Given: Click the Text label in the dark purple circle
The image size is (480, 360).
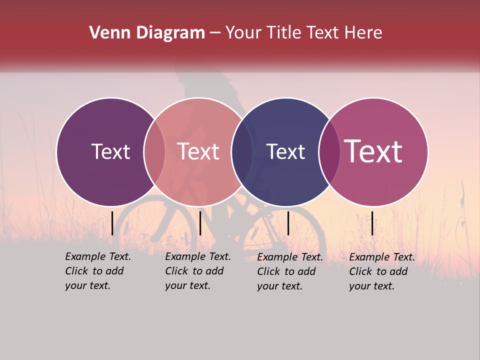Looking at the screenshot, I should click(110, 151).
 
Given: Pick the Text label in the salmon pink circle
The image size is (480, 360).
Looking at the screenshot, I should click(198, 151).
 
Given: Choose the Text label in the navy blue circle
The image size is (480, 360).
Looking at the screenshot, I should click(285, 151).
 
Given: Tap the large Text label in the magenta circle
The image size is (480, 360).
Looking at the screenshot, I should click(373, 151).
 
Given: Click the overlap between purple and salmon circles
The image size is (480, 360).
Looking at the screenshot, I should click(154, 152).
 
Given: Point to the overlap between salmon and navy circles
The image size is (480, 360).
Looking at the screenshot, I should click(242, 152).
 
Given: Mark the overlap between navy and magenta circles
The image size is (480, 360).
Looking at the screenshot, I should click(329, 152).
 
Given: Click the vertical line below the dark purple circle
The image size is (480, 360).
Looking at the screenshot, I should click(112, 223).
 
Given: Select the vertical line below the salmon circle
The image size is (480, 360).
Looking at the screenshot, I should click(200, 223).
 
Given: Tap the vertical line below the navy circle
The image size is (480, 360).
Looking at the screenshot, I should click(288, 223).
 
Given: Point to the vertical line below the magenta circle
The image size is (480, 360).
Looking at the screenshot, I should click(372, 223).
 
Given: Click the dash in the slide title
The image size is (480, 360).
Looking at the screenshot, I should click(215, 33).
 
